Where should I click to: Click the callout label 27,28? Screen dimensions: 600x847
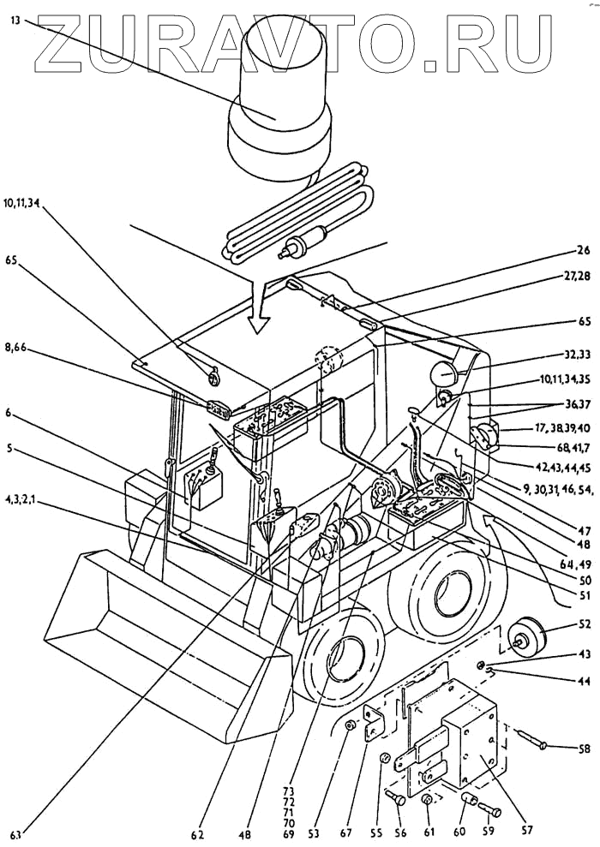tap(573, 276)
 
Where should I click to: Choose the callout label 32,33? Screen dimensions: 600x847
tap(575, 355)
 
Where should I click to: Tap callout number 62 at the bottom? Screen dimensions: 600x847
tap(198, 834)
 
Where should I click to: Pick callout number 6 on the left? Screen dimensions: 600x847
tap(9, 412)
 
